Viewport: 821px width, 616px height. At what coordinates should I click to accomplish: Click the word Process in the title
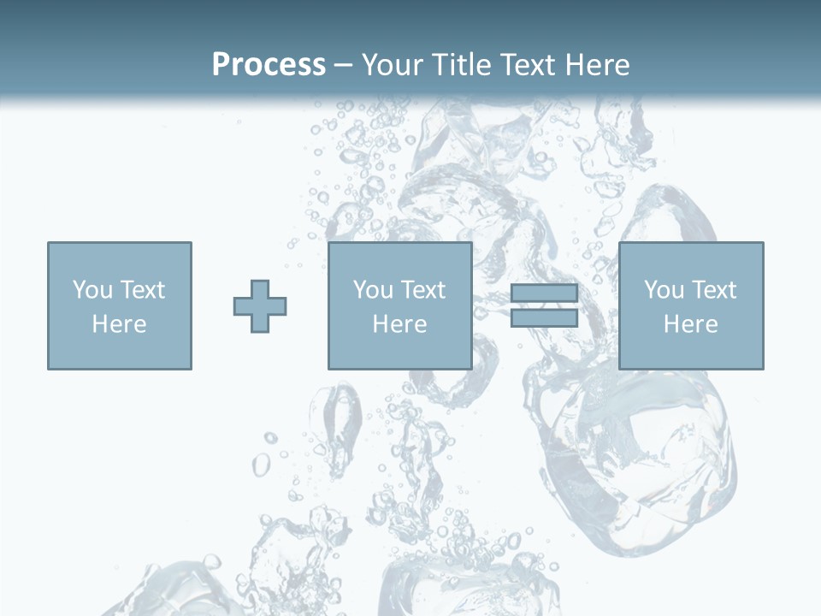[x=269, y=65]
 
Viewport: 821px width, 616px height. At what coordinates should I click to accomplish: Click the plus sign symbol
[x=260, y=306]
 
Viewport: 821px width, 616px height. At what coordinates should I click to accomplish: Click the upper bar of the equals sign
[x=544, y=293]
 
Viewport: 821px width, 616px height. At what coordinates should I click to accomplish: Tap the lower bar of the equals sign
[x=544, y=317]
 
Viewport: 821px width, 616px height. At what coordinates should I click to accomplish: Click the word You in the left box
[x=92, y=290]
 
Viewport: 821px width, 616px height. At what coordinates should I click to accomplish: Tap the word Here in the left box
[x=120, y=324]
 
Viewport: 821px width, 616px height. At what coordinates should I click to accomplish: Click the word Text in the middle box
[x=422, y=290]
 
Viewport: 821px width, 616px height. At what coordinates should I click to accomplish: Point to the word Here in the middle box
[x=400, y=324]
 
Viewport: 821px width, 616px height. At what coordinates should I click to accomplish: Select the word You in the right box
[x=664, y=290]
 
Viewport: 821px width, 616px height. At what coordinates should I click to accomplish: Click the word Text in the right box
[x=713, y=290]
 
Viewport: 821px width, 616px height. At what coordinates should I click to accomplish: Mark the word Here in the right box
[x=691, y=324]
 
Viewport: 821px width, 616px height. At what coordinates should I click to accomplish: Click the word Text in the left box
[x=142, y=290]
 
